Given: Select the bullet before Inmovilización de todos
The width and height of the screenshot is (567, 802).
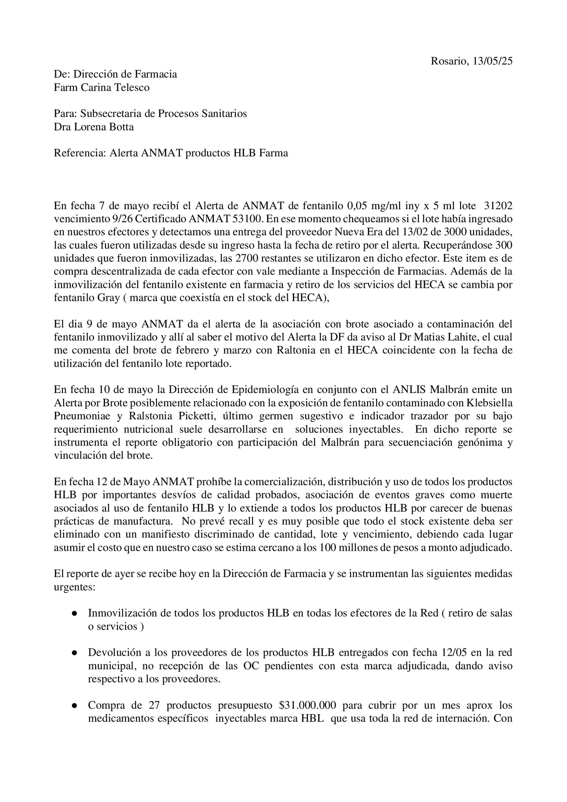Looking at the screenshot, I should click(75, 614).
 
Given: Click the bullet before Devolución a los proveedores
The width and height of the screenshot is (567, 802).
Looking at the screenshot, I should click(75, 653).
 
